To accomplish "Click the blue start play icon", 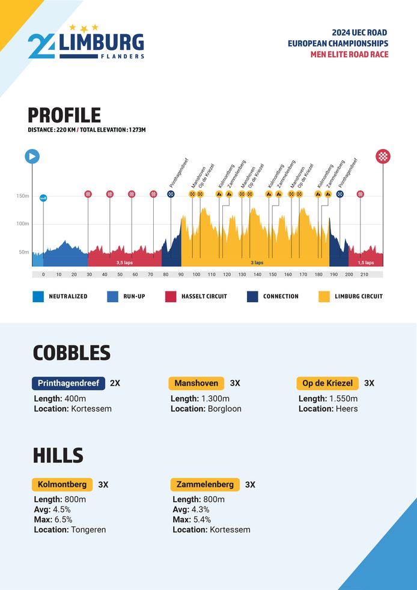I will tap(32, 156).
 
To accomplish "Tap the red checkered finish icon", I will tap(383, 156).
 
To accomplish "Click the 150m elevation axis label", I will tap(22, 196).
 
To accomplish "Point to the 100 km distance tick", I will tap(196, 274).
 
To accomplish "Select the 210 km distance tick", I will tap(364, 274).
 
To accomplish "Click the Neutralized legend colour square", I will tap(38, 296).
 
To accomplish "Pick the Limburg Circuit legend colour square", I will tap(324, 296).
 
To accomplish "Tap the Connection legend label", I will tap(281, 296).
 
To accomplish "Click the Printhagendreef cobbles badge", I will tap(68, 383).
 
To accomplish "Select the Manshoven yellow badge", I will tap(196, 383).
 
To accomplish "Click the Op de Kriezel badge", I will tap(327, 383).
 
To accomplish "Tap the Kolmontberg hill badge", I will tap(62, 484).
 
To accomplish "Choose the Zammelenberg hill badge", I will tap(205, 484).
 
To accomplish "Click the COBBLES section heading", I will tap(72, 353).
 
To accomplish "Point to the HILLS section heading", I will tap(58, 455).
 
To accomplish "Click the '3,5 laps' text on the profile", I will tap(125, 263).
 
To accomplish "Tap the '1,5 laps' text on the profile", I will tap(366, 263).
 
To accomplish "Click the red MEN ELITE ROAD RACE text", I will tap(349, 55).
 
